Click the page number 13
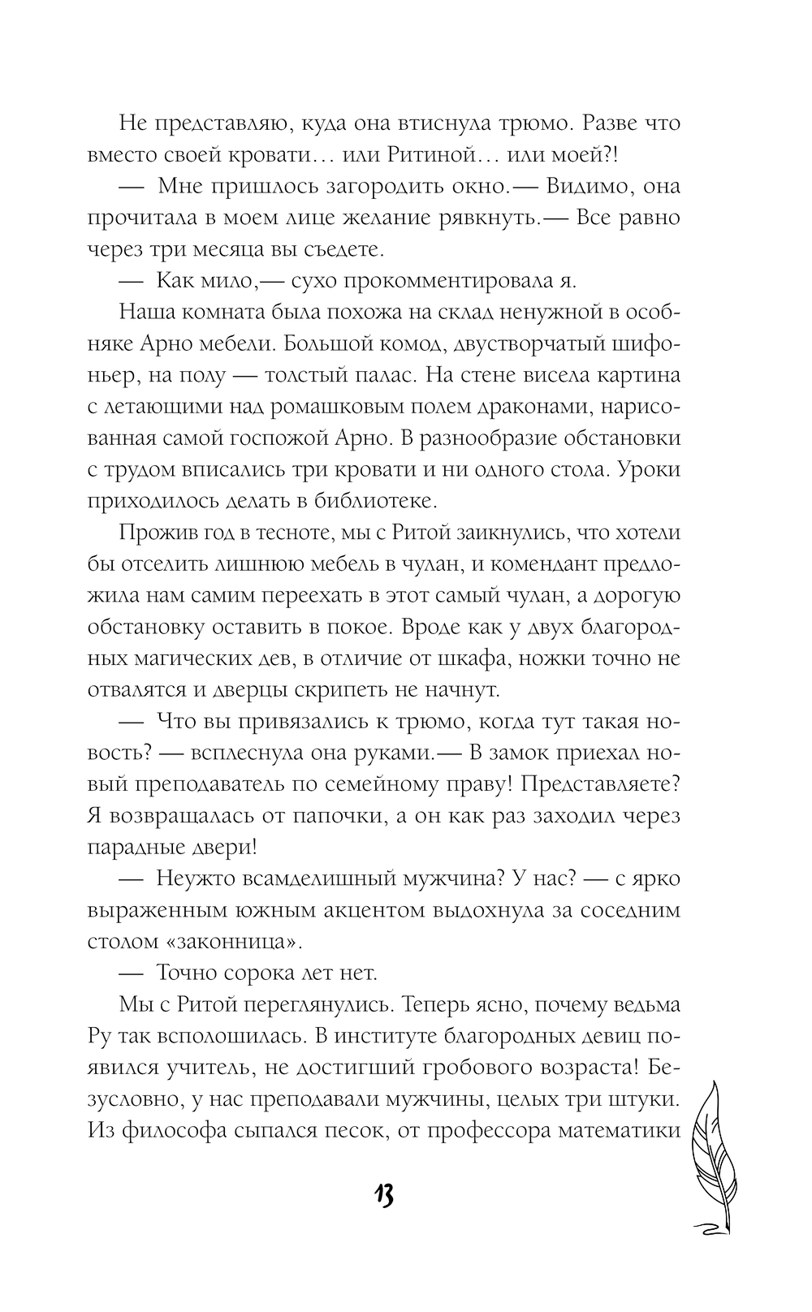click(384, 1195)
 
